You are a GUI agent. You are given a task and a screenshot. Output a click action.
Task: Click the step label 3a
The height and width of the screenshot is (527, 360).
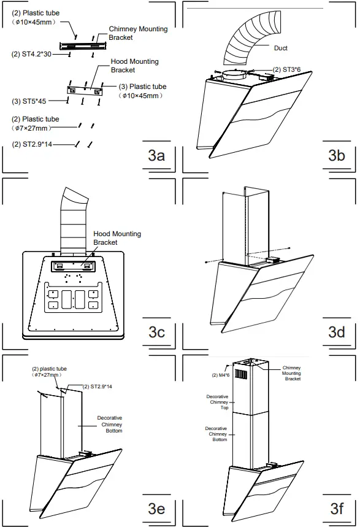pos(156,155)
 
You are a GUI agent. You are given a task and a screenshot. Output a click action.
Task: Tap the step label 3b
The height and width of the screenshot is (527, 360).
pos(336,155)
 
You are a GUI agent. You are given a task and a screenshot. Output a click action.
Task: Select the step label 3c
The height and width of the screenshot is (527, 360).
pos(156,332)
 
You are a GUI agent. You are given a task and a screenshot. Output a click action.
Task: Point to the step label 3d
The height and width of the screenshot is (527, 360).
pos(336,332)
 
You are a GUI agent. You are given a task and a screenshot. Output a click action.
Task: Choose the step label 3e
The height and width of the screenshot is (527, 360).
pos(156,508)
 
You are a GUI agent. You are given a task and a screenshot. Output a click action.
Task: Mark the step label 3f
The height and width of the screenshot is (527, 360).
pos(336,508)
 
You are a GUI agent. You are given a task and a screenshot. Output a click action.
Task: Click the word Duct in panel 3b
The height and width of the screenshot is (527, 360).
pos(280,48)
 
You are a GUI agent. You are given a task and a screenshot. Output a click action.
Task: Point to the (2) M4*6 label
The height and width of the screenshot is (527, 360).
pos(220,375)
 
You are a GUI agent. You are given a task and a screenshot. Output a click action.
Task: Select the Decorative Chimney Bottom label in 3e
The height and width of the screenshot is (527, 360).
pos(110,425)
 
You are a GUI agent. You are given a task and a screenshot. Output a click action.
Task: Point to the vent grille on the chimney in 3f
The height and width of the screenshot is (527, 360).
pos(242,374)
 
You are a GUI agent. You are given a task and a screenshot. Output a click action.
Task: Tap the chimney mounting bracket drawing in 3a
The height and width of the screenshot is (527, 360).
pos(80,45)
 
